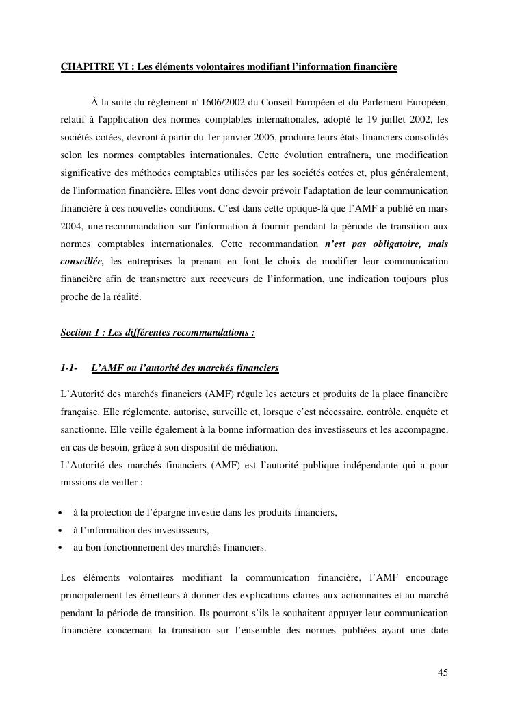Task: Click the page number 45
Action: pyautogui.click(x=443, y=672)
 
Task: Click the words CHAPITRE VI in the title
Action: pyautogui.click(x=94, y=67)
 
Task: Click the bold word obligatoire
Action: pyautogui.click(x=387, y=244)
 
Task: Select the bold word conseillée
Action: pyautogui.click(x=82, y=262)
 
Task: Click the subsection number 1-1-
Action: pyautogui.click(x=68, y=368)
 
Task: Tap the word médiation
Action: pyautogui.click(x=257, y=448)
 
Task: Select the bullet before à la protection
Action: pyautogui.click(x=62, y=513)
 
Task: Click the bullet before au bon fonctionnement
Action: pyautogui.click(x=62, y=548)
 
